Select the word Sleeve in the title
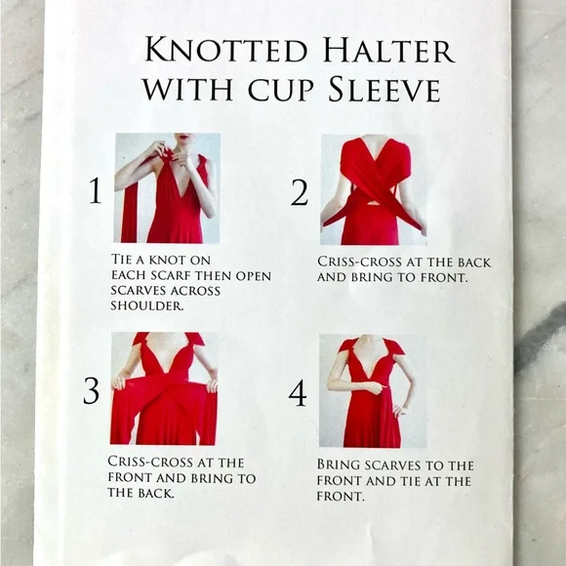point(384,89)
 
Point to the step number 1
point(96,190)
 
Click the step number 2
point(300,193)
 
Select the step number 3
point(91,390)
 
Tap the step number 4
point(298,393)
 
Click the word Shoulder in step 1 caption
point(147,305)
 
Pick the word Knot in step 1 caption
point(167,260)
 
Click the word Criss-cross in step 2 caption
point(359,262)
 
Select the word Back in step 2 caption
point(474,263)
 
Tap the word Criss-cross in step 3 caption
point(150,462)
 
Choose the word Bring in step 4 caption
point(339,465)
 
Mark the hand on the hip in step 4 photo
point(398,410)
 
